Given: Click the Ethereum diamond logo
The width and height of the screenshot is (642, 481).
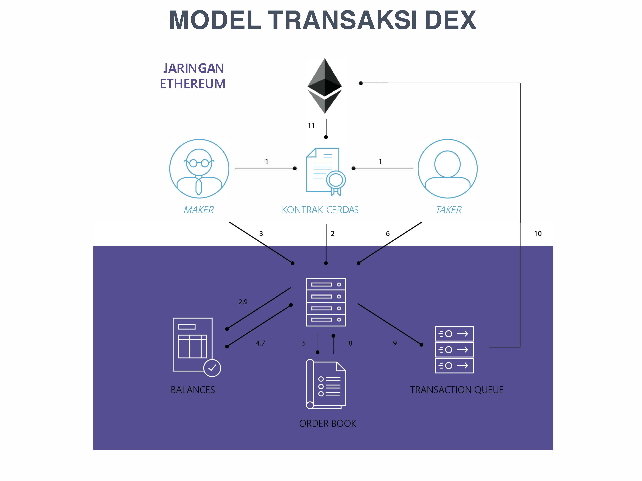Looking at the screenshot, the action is [325, 86].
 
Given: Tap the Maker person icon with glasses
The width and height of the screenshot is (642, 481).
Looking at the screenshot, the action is [199, 169].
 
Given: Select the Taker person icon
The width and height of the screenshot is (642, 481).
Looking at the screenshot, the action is [448, 169].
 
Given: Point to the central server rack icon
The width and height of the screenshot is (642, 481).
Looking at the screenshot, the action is [326, 302].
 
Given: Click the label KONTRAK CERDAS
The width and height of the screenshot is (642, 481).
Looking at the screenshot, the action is [320, 210].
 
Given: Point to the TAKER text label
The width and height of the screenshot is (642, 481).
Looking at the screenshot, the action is [449, 210].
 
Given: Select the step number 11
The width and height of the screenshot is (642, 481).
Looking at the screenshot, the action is [311, 125].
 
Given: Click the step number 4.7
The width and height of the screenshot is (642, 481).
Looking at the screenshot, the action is [260, 343].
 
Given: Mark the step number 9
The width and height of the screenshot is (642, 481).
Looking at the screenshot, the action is [395, 343].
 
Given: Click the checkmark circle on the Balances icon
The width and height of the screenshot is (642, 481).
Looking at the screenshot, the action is [212, 368].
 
